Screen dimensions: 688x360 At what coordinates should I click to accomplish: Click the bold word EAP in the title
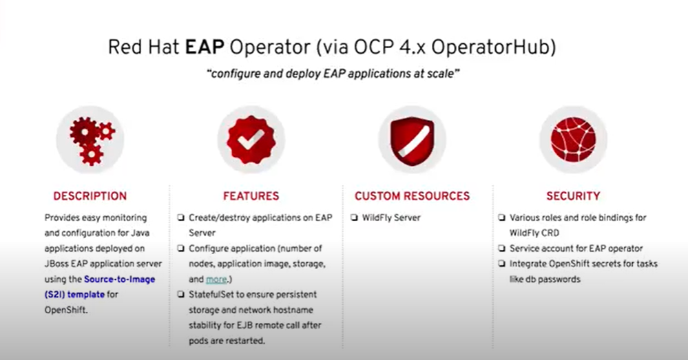pos(205,47)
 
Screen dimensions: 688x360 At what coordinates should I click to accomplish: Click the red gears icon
pos(90,140)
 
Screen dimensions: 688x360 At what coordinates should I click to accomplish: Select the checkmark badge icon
pos(251,140)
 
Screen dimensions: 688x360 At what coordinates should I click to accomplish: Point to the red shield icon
pos(412,140)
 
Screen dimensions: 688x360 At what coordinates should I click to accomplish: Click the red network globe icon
pos(573,140)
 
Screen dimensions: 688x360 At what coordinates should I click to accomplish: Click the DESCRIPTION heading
pos(90,196)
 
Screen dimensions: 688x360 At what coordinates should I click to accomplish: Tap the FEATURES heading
pos(251,196)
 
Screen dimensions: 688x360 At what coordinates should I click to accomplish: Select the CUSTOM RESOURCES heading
pos(412,196)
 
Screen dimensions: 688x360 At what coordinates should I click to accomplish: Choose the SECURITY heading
pos(573,196)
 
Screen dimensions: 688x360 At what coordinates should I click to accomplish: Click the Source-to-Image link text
pos(119,279)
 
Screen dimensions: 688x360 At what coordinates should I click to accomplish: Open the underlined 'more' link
pos(216,279)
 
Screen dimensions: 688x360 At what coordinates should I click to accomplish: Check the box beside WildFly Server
pos(354,218)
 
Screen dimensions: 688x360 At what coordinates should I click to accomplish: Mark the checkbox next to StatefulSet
pos(180,294)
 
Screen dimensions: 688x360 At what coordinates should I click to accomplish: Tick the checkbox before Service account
pos(501,248)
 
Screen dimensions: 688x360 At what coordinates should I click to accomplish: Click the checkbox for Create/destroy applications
pos(180,218)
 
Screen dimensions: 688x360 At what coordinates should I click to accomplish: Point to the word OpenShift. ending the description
pos(66,310)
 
